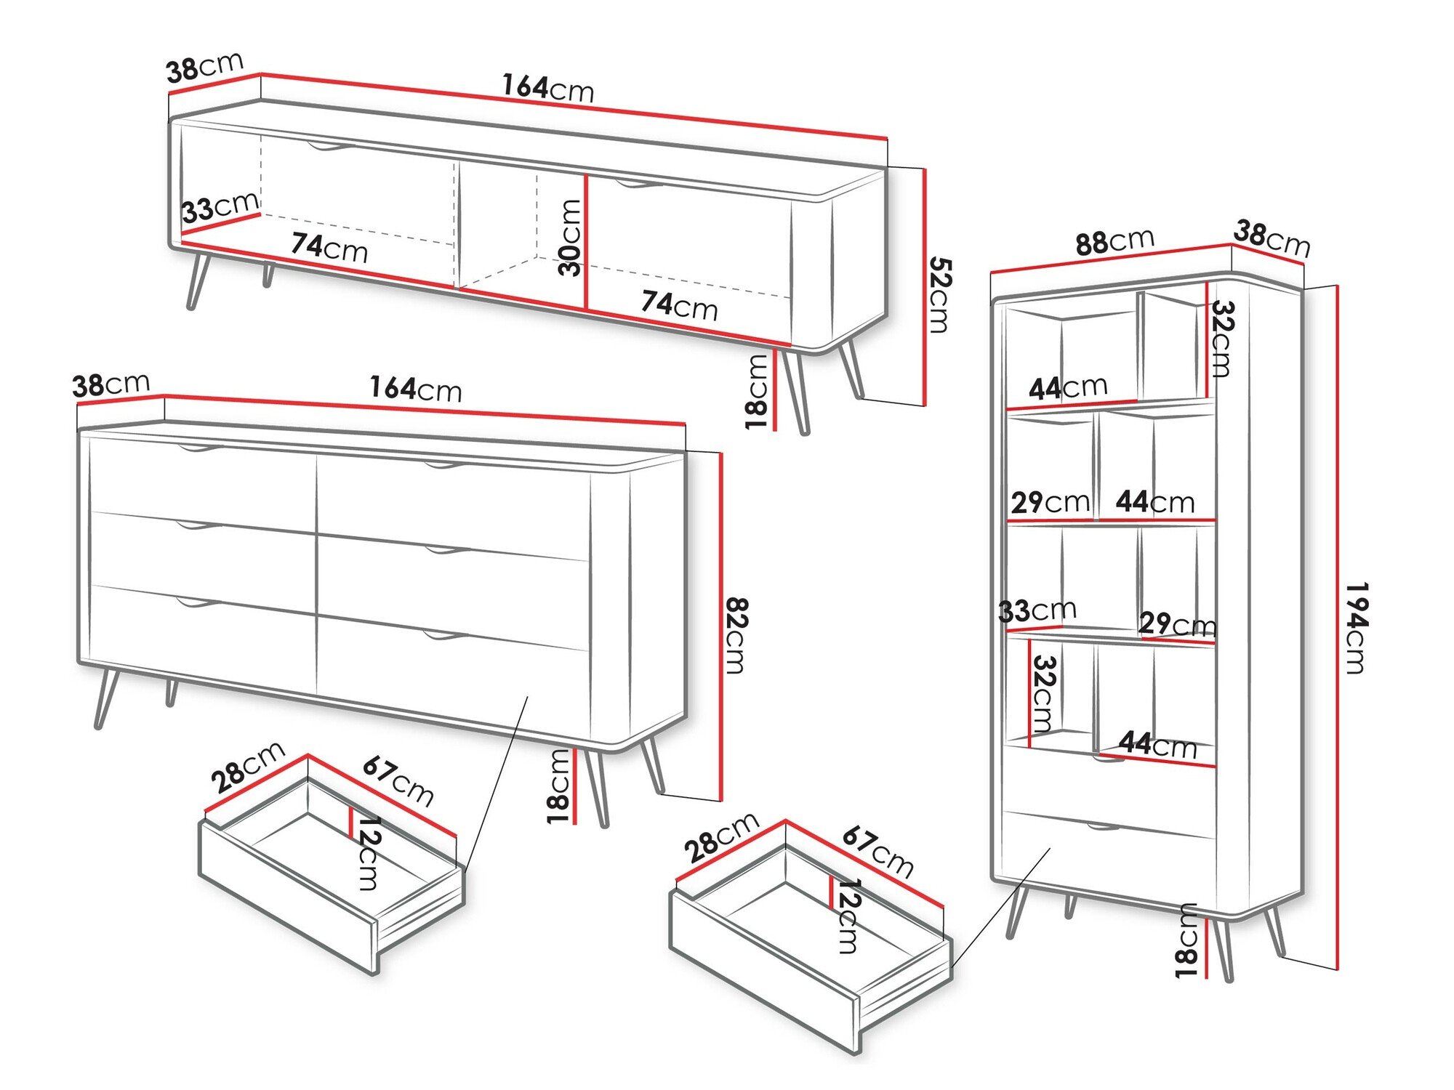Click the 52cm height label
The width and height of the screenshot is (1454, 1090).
[x=939, y=295]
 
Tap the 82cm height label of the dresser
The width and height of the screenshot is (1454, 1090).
[x=737, y=636]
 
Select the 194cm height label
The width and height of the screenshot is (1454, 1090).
[x=1357, y=628]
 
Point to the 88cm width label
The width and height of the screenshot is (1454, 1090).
[x=1114, y=241]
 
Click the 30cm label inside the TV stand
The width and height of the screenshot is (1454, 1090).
[x=571, y=238]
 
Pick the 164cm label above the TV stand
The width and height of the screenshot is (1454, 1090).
[x=548, y=89]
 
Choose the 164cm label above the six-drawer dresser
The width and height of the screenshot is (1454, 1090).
[x=415, y=389]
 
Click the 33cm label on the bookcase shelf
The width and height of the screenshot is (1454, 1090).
[x=1037, y=610]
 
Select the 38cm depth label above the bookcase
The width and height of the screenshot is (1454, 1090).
[x=1272, y=239]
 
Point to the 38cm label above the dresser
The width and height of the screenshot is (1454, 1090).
[x=111, y=384]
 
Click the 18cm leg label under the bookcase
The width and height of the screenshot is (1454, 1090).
[x=1187, y=940]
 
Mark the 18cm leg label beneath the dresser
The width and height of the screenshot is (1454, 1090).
[x=558, y=786]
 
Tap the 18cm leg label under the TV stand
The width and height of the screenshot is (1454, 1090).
[x=757, y=392]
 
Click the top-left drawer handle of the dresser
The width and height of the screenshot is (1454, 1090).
[x=197, y=449]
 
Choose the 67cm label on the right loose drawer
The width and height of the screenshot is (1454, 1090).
[x=877, y=852]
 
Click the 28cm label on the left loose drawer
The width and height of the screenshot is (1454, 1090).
[x=248, y=768]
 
